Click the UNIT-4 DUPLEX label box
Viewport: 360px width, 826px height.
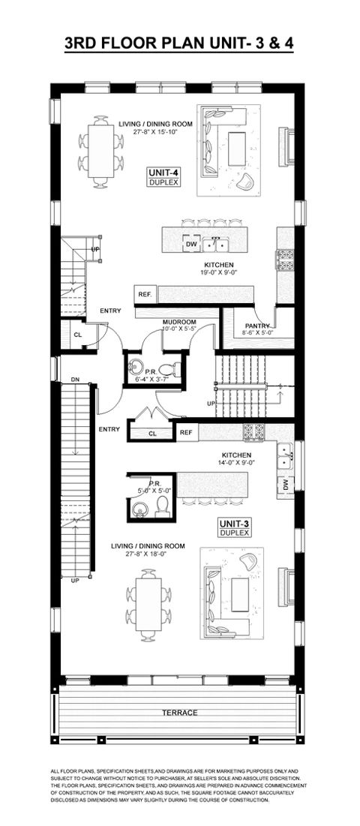pyautogui.click(x=163, y=177)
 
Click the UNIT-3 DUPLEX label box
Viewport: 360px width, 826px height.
pyautogui.click(x=233, y=526)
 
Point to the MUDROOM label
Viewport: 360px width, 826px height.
pyautogui.click(x=179, y=322)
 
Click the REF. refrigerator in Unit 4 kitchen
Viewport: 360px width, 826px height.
pyautogui.click(x=144, y=295)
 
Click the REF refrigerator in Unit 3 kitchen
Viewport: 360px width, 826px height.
pyautogui.click(x=186, y=432)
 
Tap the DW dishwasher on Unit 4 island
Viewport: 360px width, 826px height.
pyautogui.click(x=190, y=244)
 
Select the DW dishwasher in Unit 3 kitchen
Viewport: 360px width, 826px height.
pyautogui.click(x=286, y=486)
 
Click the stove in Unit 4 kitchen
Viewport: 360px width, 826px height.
pyautogui.click(x=285, y=259)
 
